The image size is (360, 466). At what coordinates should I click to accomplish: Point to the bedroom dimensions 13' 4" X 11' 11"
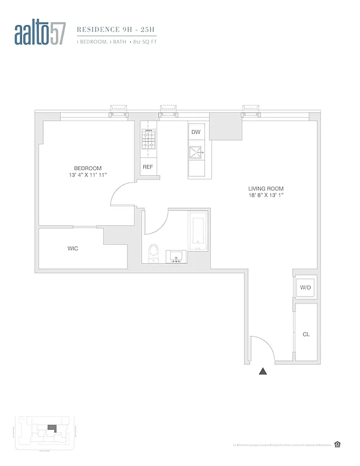pyautogui.click(x=87, y=175)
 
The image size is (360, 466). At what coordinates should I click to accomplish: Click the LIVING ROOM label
pyautogui.click(x=265, y=188)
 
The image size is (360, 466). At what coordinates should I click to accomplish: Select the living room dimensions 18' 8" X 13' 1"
pyautogui.click(x=265, y=195)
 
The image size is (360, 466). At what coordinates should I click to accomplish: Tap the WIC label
pyautogui.click(x=73, y=249)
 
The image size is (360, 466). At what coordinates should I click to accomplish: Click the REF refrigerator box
pyautogui.click(x=147, y=167)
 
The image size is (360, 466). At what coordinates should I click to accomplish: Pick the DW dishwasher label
pyautogui.click(x=196, y=132)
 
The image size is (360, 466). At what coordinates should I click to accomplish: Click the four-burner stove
pyautogui.click(x=147, y=140)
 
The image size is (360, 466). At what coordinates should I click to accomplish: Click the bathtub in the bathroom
pyautogui.click(x=197, y=232)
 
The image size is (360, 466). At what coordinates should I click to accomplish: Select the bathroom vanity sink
pyautogui.click(x=177, y=256)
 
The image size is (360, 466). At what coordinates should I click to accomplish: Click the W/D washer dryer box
pyautogui.click(x=305, y=288)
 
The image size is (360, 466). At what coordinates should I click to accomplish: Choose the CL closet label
pyautogui.click(x=306, y=335)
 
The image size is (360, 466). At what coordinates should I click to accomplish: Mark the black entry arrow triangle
pyautogui.click(x=263, y=370)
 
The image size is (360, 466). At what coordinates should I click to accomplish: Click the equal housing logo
pyautogui.click(x=337, y=444)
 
